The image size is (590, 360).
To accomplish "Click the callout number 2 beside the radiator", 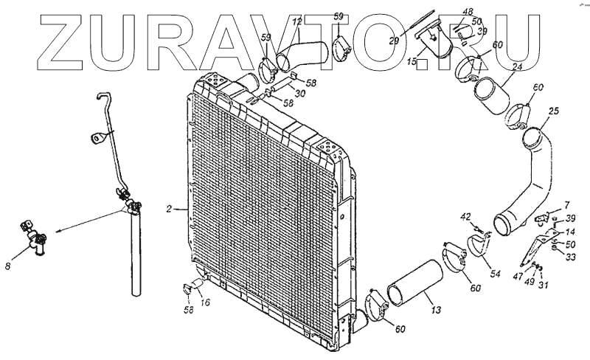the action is click(169, 210).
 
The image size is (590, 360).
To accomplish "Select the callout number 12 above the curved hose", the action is click(297, 23).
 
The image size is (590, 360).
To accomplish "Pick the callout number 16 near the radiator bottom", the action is click(206, 302).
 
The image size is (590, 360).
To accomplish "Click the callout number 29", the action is click(395, 41).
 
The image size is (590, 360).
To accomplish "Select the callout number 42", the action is click(465, 216).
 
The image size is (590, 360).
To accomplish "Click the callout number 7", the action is click(567, 204).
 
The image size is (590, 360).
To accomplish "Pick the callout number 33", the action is click(571, 257).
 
